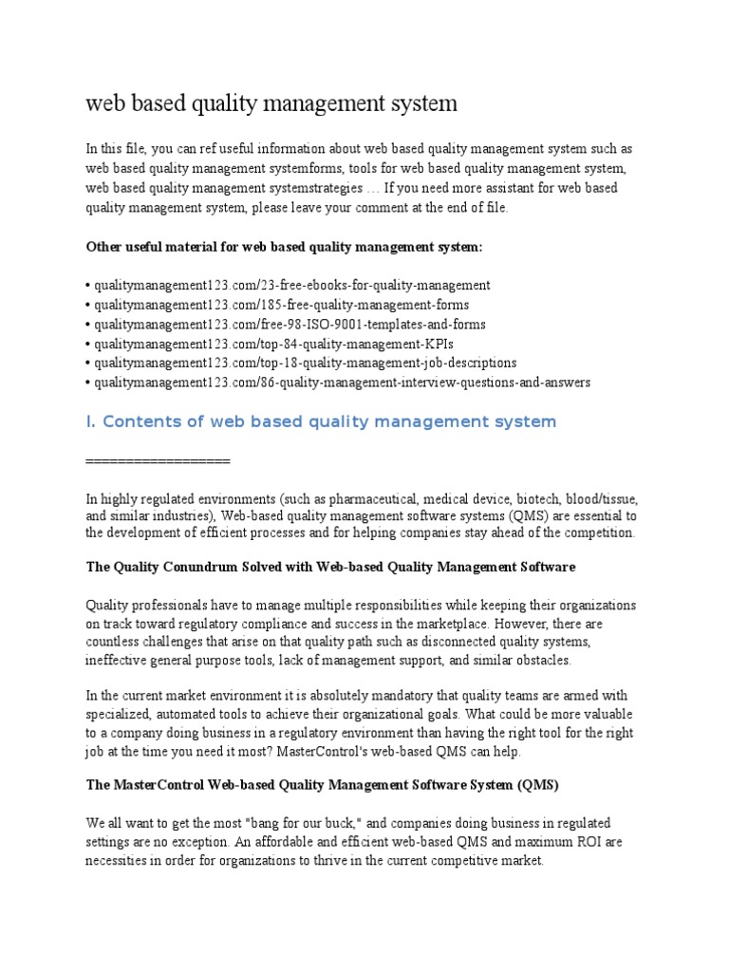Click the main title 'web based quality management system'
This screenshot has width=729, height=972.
click(x=271, y=103)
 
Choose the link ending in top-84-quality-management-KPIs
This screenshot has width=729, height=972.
click(x=267, y=343)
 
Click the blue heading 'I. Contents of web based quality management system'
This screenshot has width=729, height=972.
click(x=321, y=421)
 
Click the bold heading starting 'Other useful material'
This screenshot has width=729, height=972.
click(x=284, y=246)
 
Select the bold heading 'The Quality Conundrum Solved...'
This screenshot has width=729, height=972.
click(x=330, y=567)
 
